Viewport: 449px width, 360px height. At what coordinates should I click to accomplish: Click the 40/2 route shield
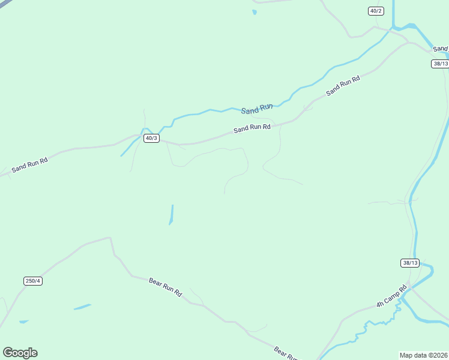click(x=376, y=11)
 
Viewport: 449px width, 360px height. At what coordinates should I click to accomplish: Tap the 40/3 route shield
click(x=151, y=138)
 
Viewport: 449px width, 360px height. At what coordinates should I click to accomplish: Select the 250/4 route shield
click(x=33, y=281)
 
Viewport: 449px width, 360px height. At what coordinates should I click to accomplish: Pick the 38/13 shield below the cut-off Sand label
click(x=439, y=64)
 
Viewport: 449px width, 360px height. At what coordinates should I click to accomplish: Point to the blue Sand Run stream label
click(x=257, y=109)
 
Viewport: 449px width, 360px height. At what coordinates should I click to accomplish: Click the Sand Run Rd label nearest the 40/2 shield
click(x=343, y=85)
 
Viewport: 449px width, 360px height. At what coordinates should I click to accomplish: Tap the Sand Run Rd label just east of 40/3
click(x=252, y=128)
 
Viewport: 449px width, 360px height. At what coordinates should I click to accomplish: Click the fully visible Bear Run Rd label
click(x=165, y=287)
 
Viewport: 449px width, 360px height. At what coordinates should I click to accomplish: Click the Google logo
click(x=20, y=353)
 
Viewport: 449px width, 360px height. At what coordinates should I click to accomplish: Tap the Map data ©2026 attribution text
click(x=424, y=355)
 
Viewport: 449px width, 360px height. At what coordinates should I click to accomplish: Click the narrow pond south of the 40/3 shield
click(x=171, y=214)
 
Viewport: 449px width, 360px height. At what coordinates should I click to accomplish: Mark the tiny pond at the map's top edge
click(x=255, y=11)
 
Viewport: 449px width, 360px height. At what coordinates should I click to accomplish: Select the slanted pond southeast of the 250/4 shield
click(x=82, y=307)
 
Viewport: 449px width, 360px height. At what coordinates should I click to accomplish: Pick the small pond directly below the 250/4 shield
click(x=23, y=322)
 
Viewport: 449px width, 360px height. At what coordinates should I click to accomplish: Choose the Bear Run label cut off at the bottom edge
click(x=286, y=353)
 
